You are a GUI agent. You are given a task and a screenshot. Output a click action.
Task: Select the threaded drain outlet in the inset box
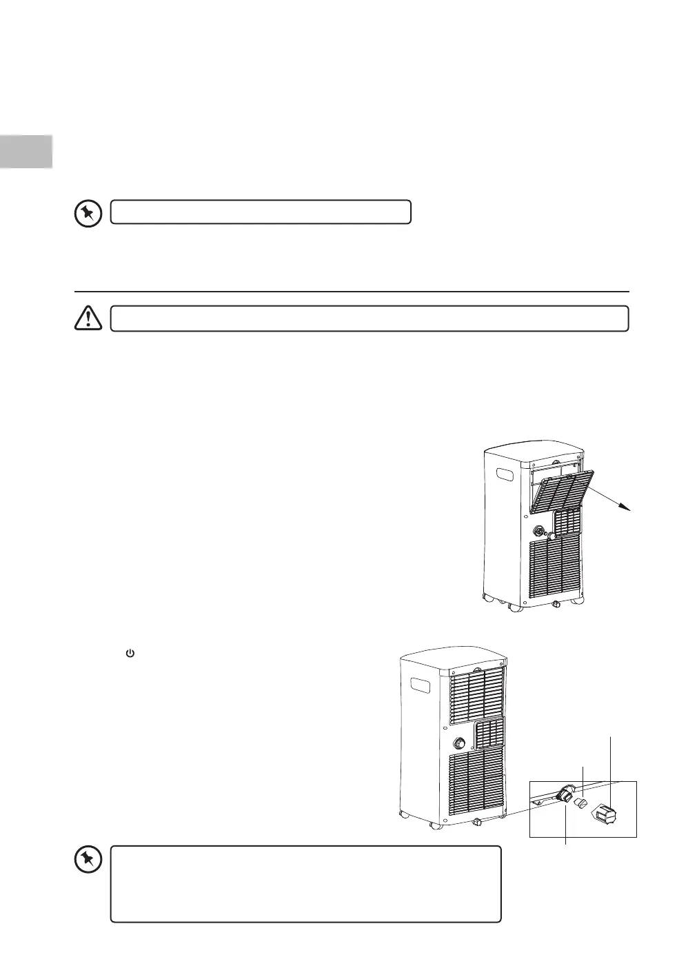click(x=567, y=794)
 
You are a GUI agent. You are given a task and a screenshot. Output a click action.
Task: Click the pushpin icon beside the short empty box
click(x=88, y=213)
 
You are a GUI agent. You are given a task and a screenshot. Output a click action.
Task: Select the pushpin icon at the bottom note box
click(x=88, y=860)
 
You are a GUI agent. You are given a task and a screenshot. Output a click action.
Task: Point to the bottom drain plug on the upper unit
click(x=556, y=602)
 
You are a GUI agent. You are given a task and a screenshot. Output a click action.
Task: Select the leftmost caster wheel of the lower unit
click(x=405, y=818)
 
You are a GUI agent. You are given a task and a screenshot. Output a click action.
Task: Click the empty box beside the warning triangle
click(x=370, y=319)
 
